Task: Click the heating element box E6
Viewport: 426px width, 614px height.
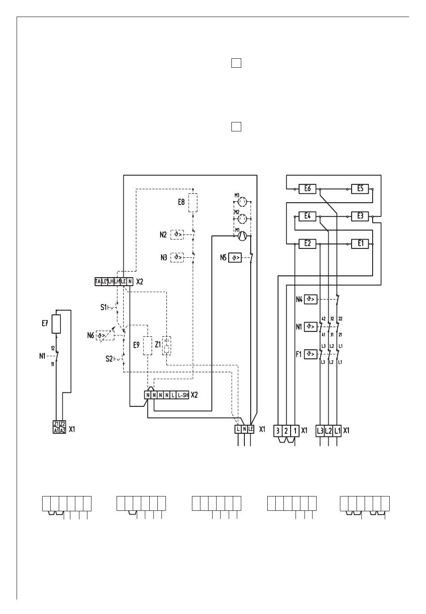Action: tap(308, 189)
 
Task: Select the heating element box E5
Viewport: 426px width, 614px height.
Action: tap(360, 189)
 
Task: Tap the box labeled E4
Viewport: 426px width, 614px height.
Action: tap(308, 216)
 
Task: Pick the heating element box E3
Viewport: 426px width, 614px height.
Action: tap(360, 216)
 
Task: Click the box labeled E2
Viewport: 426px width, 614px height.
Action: tap(308, 244)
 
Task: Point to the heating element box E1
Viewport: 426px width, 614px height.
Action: tap(360, 244)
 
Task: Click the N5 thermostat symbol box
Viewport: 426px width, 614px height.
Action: tap(235, 258)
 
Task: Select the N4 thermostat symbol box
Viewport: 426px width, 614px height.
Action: tap(311, 299)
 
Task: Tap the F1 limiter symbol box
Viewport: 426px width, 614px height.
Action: tap(311, 354)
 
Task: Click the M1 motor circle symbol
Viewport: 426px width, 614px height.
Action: tap(242, 235)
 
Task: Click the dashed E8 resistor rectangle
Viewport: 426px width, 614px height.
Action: tap(193, 203)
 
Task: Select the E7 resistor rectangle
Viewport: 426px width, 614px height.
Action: tap(56, 324)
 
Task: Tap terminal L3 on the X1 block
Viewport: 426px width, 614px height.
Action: tap(320, 431)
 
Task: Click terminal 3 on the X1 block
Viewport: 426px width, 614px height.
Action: tap(278, 431)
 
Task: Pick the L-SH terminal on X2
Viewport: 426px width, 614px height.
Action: tap(183, 395)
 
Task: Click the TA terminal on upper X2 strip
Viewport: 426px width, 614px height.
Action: tap(98, 282)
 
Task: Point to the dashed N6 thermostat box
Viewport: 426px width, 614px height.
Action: tap(105, 335)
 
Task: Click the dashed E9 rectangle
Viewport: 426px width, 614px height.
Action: tap(148, 345)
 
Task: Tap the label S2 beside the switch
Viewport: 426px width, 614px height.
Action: tap(109, 359)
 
